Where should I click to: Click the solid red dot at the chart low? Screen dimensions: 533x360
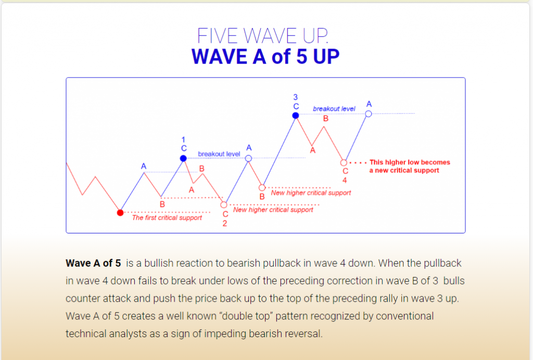click(120, 213)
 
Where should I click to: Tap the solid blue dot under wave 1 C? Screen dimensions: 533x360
click(183, 158)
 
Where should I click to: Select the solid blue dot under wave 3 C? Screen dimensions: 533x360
click(296, 116)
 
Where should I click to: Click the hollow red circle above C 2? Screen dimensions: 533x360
click(224, 205)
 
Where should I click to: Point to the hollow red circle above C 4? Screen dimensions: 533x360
click(344, 163)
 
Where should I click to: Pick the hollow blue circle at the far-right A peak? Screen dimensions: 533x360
click(369, 114)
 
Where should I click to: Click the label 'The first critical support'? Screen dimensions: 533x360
click(167, 218)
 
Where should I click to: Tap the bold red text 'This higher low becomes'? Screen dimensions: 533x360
click(410, 163)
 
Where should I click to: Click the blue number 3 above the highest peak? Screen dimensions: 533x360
click(296, 97)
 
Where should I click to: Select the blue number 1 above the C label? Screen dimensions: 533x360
click(183, 140)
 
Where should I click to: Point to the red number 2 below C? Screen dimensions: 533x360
click(225, 223)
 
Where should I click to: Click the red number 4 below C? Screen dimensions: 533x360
click(345, 180)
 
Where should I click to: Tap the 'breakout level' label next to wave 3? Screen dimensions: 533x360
click(334, 108)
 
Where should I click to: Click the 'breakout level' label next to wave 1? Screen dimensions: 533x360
click(219, 154)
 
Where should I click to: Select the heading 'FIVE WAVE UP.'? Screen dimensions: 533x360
click(263, 36)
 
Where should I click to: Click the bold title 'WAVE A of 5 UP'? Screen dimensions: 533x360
click(265, 56)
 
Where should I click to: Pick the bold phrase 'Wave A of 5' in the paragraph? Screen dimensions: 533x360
click(93, 263)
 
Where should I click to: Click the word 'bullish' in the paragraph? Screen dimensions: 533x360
click(159, 263)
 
